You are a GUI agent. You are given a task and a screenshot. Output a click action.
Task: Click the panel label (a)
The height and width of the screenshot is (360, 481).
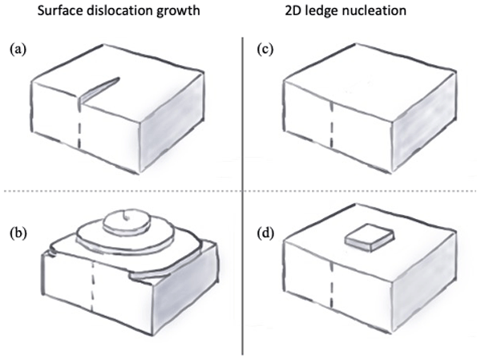coord(16,50)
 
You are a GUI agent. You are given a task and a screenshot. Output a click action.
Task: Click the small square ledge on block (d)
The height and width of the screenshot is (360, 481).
coord(370,237)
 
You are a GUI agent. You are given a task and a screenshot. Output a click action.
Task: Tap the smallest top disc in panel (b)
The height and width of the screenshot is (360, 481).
coord(128,217)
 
